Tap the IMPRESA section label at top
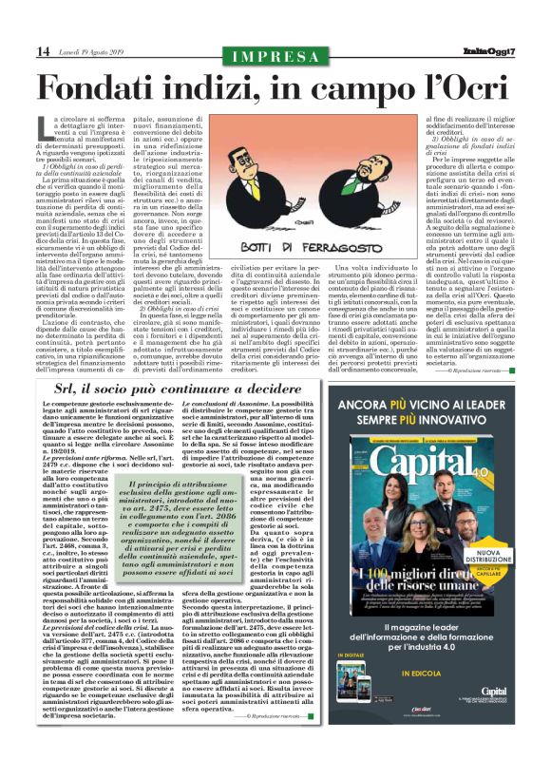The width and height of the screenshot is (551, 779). coord(275,55)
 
